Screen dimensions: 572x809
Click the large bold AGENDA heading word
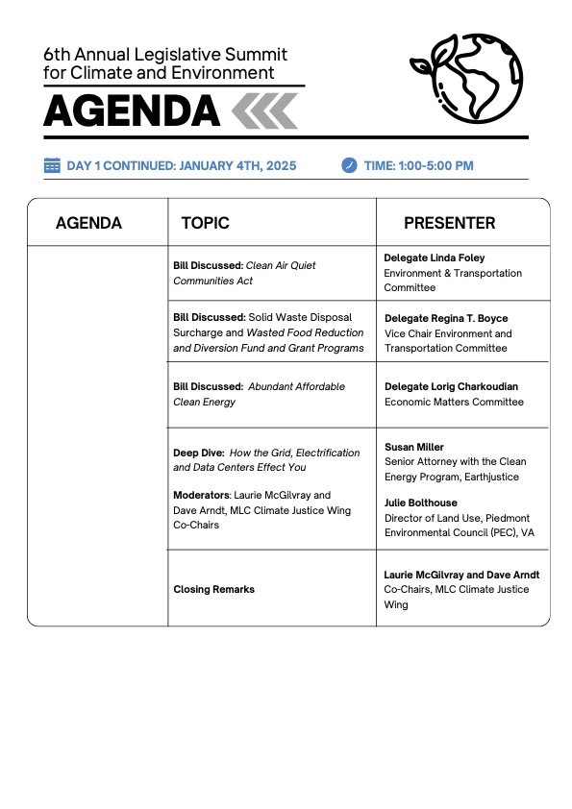132,111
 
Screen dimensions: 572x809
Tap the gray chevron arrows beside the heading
264,111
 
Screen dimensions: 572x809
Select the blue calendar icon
52,165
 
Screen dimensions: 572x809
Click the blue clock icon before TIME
349,165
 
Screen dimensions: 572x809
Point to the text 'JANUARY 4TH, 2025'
236,165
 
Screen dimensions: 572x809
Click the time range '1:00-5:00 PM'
437,165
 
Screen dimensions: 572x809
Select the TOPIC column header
205,223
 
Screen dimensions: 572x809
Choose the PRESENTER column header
449,223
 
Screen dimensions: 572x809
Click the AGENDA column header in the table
88,223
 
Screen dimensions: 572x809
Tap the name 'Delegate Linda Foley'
435,258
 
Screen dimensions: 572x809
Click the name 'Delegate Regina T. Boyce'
446,318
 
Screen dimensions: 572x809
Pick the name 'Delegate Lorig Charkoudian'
451,387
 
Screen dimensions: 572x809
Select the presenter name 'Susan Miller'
414,447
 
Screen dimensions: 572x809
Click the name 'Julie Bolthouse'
420,503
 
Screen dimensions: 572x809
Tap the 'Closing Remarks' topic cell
213,589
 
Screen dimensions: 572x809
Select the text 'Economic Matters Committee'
454,402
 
